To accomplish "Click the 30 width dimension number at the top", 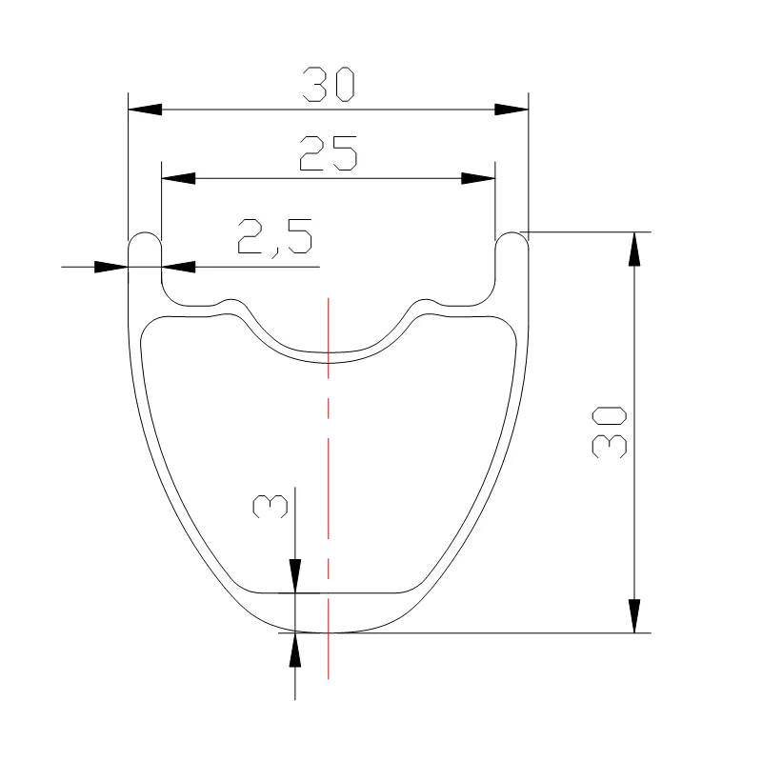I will click(x=329, y=85).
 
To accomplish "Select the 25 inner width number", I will click(x=329, y=153).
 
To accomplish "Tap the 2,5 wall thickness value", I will click(x=275, y=236).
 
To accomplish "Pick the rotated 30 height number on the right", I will click(x=610, y=431).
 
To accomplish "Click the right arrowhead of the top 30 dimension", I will click(x=511, y=110).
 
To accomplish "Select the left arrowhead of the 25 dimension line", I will click(x=178, y=178).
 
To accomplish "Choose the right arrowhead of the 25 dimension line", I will click(x=478, y=178).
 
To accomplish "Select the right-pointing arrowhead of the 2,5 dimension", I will click(x=111, y=267).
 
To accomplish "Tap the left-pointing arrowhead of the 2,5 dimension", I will click(x=178, y=267).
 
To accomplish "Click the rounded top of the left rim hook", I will click(x=145, y=234).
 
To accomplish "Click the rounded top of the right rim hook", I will click(x=511, y=234).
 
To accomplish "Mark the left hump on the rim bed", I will click(x=231, y=302).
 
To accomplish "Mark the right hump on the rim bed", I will click(x=425, y=302).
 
